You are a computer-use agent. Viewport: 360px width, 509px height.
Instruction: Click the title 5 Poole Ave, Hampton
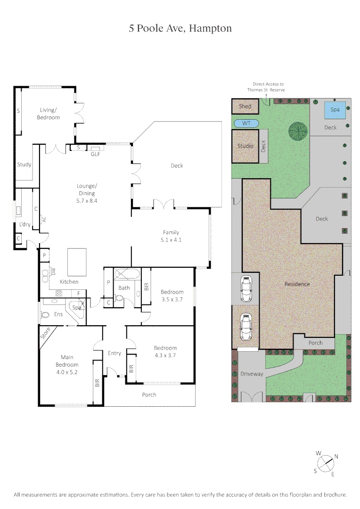pyautogui.click(x=180, y=28)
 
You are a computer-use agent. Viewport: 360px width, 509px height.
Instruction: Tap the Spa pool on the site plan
pyautogui.click(x=335, y=110)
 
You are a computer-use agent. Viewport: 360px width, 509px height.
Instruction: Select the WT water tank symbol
pyautogui.click(x=246, y=123)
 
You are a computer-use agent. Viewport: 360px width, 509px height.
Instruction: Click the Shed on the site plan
pyautogui.click(x=245, y=107)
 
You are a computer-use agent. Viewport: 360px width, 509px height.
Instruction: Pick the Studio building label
pyautogui.click(x=245, y=146)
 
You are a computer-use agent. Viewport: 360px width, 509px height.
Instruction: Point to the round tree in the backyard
pyautogui.click(x=297, y=131)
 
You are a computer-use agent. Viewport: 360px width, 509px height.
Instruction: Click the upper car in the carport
pyautogui.click(x=245, y=288)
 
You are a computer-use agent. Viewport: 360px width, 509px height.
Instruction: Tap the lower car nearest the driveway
pyautogui.click(x=245, y=326)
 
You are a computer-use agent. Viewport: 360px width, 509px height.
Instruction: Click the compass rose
pyautogui.click(x=326, y=463)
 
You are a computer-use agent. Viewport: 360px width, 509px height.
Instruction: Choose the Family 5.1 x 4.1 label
pyautogui.click(x=171, y=236)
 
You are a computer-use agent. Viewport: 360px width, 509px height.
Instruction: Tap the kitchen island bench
pyautogui.click(x=77, y=263)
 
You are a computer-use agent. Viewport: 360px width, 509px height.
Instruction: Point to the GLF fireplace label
pyautogui.click(x=96, y=154)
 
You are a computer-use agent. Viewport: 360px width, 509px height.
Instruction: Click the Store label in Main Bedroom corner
pyautogui.click(x=45, y=335)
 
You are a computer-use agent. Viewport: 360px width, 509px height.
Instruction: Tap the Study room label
pyautogui.click(x=24, y=164)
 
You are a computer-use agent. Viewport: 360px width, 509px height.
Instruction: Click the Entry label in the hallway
pyautogui.click(x=115, y=353)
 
